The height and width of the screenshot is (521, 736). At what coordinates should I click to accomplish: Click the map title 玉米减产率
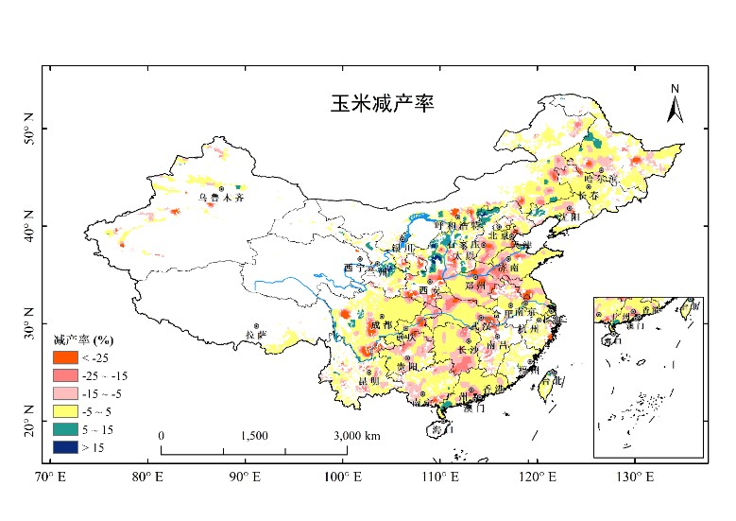pos(381,103)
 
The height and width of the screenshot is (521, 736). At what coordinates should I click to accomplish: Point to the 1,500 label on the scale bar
pos(254,435)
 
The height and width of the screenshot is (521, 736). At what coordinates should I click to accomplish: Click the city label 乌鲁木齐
pos(221,199)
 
